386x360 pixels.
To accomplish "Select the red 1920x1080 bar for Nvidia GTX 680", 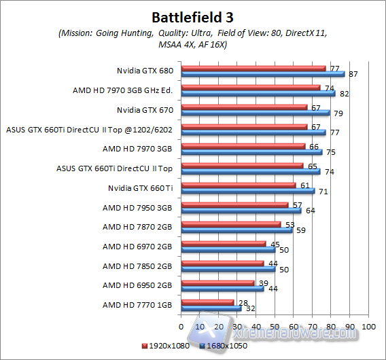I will (253, 69).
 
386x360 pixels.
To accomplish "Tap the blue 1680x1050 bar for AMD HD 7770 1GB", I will (210, 308).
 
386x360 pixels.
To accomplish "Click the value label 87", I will (353, 74).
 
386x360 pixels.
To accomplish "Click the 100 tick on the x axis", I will (369, 327).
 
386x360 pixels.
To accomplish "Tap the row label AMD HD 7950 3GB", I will (138, 207).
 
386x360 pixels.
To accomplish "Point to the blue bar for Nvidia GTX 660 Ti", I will (247, 191).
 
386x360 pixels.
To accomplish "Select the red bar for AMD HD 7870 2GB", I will (230, 224).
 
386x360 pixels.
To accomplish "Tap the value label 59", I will (300, 230).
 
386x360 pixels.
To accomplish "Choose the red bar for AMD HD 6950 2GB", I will (217, 283).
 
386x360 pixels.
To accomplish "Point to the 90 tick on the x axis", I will (350, 327).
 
